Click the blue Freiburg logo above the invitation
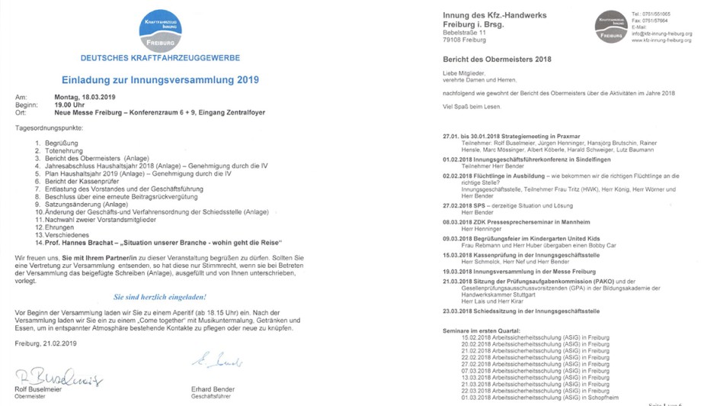(160, 30)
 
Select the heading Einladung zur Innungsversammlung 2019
(160, 79)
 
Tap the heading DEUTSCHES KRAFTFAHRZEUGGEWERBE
(160, 58)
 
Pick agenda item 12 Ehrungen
(61, 227)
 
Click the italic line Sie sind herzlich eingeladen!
(160, 297)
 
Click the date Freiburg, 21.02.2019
(46, 343)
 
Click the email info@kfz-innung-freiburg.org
(661, 34)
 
